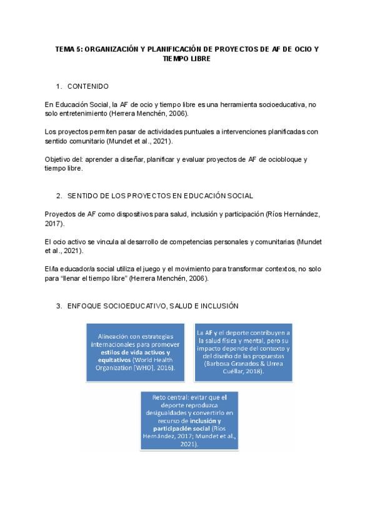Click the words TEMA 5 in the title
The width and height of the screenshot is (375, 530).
67,48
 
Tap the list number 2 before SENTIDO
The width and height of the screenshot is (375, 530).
59,196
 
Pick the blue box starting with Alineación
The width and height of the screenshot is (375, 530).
134,351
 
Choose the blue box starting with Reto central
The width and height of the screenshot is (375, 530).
188,420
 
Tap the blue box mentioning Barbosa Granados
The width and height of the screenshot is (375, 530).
247,351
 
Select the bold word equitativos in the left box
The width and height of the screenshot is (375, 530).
114,359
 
